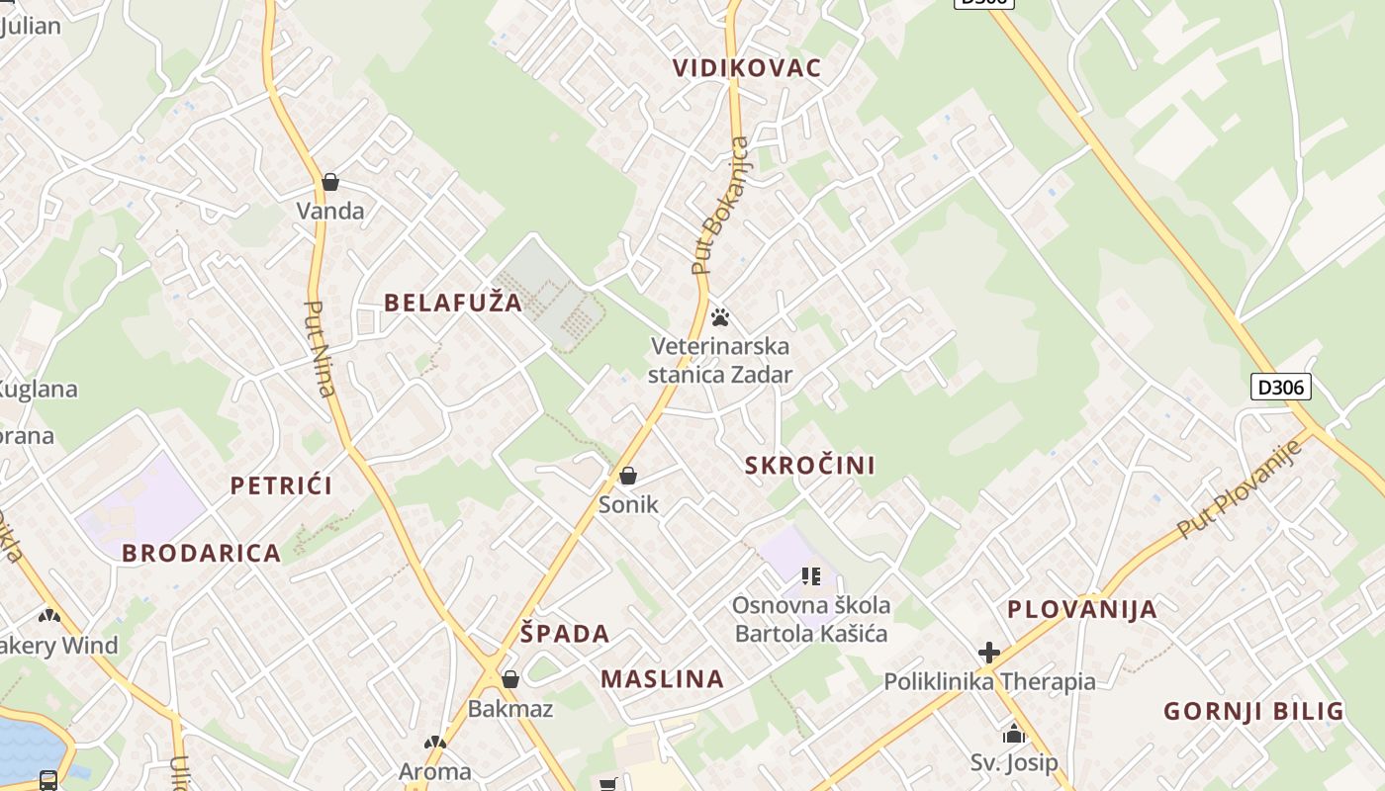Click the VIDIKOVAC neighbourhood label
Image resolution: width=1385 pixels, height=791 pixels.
[747, 68]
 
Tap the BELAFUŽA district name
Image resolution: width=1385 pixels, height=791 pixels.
[453, 303]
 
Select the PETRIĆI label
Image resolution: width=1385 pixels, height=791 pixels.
[281, 485]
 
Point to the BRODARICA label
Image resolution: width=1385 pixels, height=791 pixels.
[202, 553]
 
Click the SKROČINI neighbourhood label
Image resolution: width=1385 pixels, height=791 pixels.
[809, 466]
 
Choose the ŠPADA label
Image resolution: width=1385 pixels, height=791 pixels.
[565, 634]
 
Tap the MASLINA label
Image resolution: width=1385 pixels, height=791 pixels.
[662, 679]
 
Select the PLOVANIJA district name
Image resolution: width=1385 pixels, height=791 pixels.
[1082, 609]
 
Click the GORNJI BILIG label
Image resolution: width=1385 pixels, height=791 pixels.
[1253, 711]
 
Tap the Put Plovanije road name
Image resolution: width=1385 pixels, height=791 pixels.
[1240, 489]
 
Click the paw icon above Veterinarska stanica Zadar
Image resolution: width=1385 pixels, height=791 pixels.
[720, 317]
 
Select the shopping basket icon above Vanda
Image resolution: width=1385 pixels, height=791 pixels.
[330, 182]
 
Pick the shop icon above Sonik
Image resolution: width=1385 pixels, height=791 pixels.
[627, 477]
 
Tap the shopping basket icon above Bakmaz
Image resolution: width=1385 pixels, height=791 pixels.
[510, 679]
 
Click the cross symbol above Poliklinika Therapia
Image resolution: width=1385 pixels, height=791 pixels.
[988, 653]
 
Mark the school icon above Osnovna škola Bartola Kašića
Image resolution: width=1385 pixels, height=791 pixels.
[811, 575]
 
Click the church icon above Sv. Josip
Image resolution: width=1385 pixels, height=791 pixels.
[1013, 735]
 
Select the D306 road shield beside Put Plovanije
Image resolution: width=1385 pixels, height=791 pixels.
[1281, 387]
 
